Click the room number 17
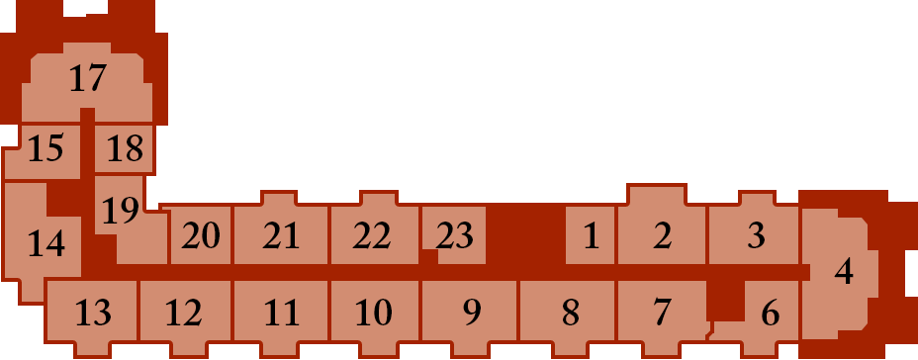pyautogui.click(x=88, y=78)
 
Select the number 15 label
pyautogui.click(x=46, y=148)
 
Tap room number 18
pyautogui.click(x=125, y=148)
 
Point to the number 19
pyautogui.click(x=121, y=211)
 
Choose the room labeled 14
pyautogui.click(x=46, y=243)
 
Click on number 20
pyautogui.click(x=200, y=236)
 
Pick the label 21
pyautogui.click(x=281, y=236)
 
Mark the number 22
pyautogui.click(x=372, y=236)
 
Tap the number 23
pyautogui.click(x=454, y=236)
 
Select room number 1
pyautogui.click(x=592, y=236)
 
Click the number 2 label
pyautogui.click(x=662, y=236)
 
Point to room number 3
pyautogui.click(x=757, y=236)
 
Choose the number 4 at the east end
pyautogui.click(x=844, y=272)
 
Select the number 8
pyautogui.click(x=570, y=313)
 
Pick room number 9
pyautogui.click(x=472, y=313)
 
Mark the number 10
pyautogui.click(x=374, y=313)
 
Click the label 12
pyautogui.click(x=184, y=313)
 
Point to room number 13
pyautogui.click(x=94, y=313)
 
